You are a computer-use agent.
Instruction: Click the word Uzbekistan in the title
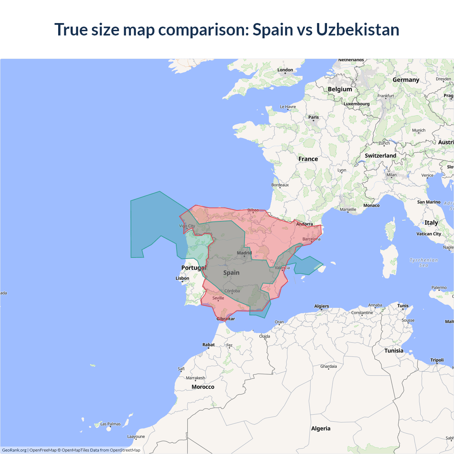point(358,29)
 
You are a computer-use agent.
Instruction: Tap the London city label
point(285,70)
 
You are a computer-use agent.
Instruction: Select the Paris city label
point(314,117)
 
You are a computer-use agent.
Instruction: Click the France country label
point(308,159)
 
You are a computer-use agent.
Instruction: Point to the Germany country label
point(406,80)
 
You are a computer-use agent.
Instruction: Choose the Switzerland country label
point(380,156)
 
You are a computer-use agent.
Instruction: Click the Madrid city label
point(244,253)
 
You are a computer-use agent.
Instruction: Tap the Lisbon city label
point(182,278)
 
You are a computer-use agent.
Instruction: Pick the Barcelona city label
point(311,239)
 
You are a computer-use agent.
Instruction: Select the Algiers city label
point(321,306)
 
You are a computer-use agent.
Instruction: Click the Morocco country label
point(203,387)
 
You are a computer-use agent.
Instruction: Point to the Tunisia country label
point(394,351)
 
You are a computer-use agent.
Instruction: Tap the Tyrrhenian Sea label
point(423,262)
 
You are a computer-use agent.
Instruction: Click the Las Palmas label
point(110,424)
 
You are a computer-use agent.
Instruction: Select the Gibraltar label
point(226,319)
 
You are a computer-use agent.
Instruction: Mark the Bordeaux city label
point(280,185)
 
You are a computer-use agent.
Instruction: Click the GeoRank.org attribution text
point(14,450)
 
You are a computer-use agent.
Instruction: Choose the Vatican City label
point(428,234)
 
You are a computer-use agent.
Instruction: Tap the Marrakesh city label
point(195,378)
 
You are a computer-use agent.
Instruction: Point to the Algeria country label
point(321,428)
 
